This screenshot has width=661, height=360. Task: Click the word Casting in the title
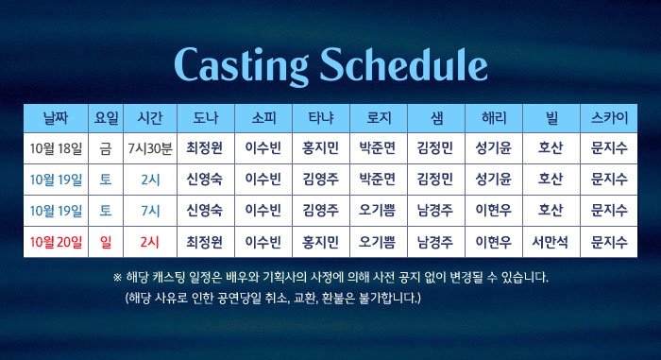(x=241, y=66)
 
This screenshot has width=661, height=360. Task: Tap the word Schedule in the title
(x=403, y=64)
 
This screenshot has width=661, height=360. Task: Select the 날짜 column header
(x=56, y=118)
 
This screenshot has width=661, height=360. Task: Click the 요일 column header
(x=106, y=118)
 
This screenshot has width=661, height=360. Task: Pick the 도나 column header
(x=205, y=118)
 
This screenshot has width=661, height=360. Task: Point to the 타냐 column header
(x=321, y=118)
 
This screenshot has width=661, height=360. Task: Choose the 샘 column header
(x=436, y=118)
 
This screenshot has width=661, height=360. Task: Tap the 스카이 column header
(x=609, y=118)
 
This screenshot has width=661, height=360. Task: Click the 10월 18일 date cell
(x=56, y=148)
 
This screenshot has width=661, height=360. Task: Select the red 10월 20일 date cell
(x=56, y=242)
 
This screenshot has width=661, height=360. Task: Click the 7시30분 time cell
(x=150, y=148)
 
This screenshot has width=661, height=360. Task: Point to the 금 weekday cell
(x=106, y=148)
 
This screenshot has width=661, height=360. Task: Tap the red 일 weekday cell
(x=106, y=242)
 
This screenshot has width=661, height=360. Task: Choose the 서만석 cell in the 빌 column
(x=551, y=242)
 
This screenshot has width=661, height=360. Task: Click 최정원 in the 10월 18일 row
(x=205, y=148)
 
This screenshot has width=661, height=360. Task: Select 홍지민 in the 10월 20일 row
(x=320, y=242)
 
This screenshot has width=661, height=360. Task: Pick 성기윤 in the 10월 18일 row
(x=493, y=148)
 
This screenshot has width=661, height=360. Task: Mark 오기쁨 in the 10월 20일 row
(x=378, y=242)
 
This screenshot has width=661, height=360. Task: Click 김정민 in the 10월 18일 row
(x=435, y=148)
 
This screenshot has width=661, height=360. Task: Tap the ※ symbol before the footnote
(x=118, y=278)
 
